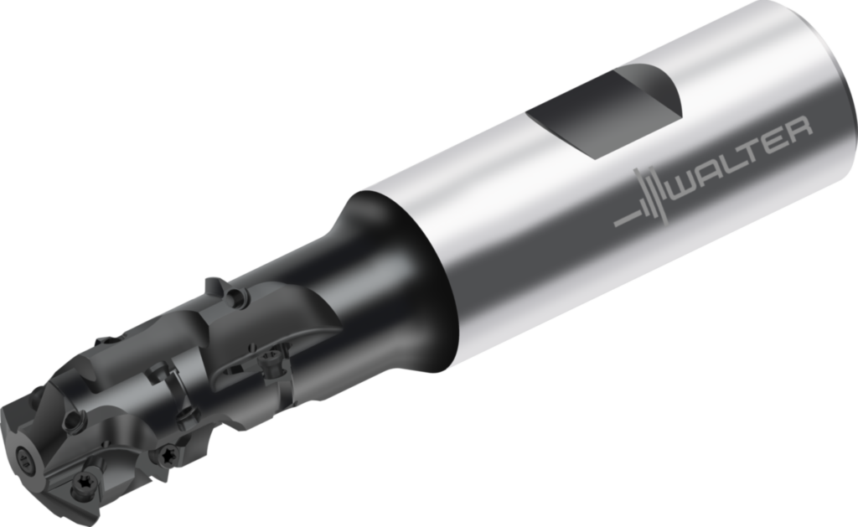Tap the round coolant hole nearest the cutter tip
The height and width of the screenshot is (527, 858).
[x=78, y=419]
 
